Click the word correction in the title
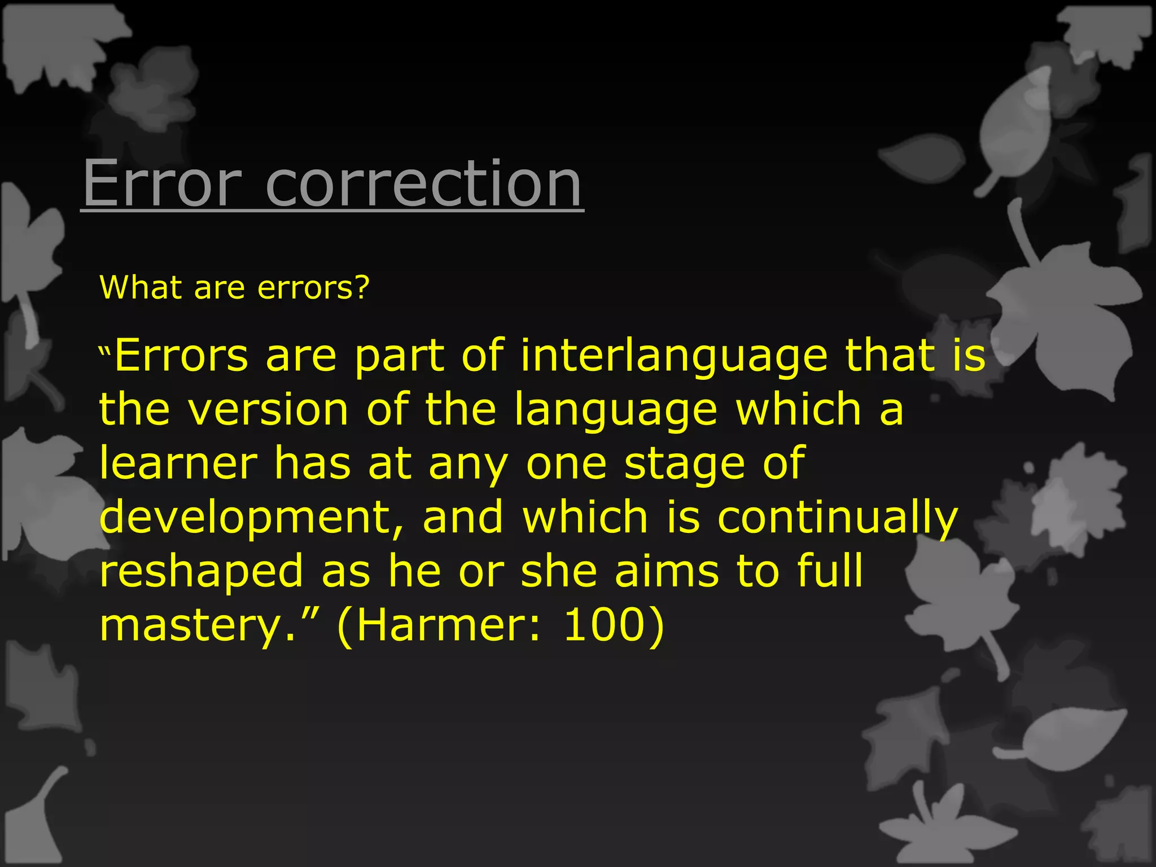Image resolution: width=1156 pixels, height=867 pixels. point(423,183)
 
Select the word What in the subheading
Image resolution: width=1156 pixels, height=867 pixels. point(141,287)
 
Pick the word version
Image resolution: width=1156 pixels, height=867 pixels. point(269,410)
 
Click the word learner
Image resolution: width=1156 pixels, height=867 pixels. point(178,463)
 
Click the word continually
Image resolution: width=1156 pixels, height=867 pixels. point(838,517)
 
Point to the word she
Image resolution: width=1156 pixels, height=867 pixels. point(559,571)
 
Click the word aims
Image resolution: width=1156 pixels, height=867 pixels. point(667,571)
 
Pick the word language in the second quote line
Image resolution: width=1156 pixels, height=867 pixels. point(616,411)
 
